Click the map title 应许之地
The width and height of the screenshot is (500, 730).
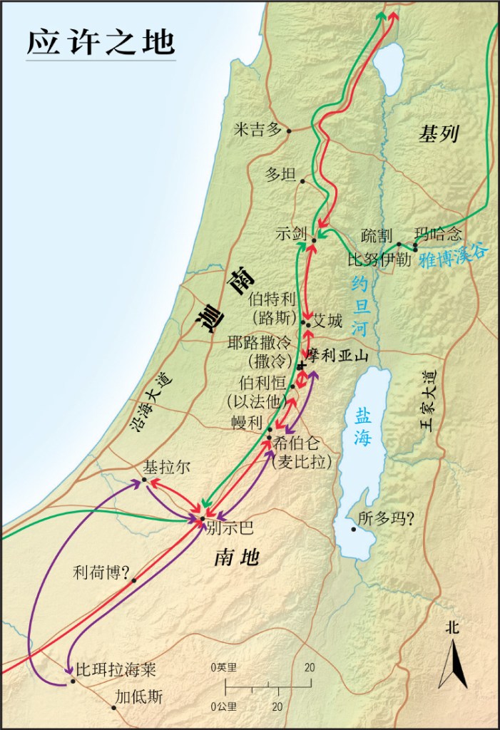(x=101, y=42)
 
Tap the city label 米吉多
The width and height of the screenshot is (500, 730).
(x=258, y=130)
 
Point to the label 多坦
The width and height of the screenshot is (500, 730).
(x=280, y=175)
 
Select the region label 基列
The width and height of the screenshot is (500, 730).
(x=439, y=133)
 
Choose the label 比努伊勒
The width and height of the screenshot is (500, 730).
(x=379, y=259)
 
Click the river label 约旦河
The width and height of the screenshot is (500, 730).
(x=361, y=307)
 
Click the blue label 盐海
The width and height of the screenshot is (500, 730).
(x=362, y=426)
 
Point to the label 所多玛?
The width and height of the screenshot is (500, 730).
(x=386, y=520)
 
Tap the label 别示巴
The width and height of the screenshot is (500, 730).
(x=229, y=528)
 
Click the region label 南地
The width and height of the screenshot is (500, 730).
(x=236, y=559)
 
